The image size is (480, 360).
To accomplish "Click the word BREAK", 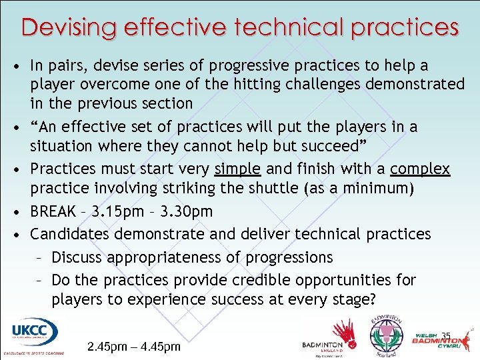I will coord(54,212).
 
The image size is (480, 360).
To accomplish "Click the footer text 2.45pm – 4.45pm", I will coord(134,347).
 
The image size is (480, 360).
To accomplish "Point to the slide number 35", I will coord(447,335).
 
